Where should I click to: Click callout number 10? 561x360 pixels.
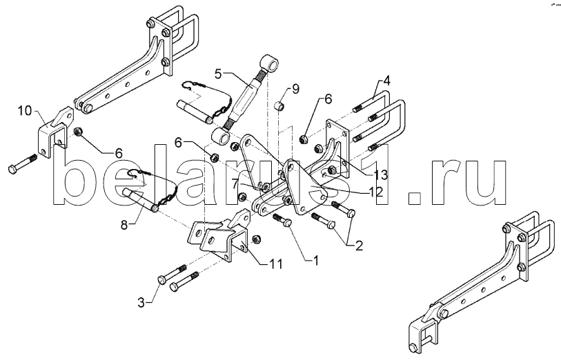(25, 111)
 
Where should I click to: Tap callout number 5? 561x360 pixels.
(219, 74)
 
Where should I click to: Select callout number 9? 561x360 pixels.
(295, 89)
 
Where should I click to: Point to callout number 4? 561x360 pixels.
(386, 81)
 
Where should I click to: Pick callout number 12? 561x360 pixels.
(375, 192)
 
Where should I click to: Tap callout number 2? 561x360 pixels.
(359, 246)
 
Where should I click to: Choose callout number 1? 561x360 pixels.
(315, 261)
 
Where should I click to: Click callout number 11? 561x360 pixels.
(276, 264)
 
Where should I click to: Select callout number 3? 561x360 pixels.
(141, 303)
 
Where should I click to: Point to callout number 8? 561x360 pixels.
(124, 226)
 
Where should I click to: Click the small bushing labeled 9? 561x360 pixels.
(279, 106)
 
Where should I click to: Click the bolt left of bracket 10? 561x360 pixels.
(22, 163)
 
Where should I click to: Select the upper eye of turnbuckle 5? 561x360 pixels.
(269, 65)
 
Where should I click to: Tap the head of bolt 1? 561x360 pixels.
(287, 223)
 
